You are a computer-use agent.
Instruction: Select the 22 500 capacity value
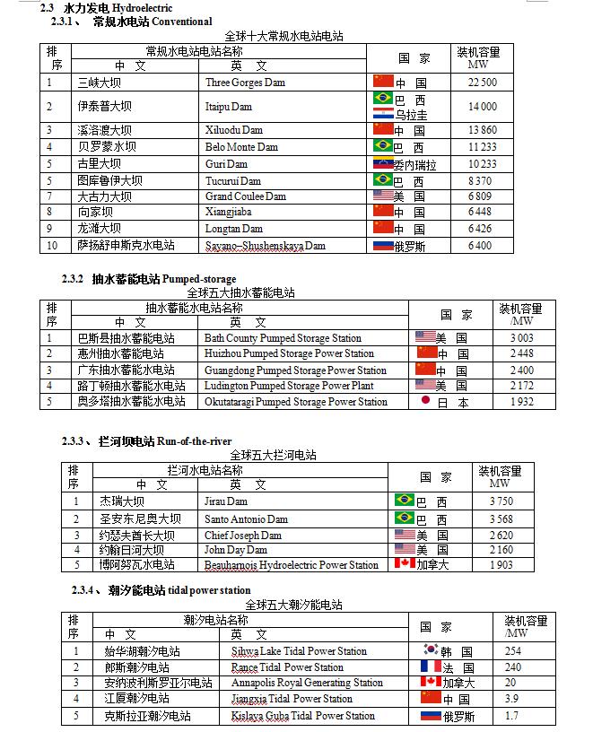[x=481, y=83]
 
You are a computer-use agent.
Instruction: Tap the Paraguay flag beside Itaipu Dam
[x=383, y=115]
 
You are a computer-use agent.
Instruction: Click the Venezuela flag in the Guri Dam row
[x=383, y=164]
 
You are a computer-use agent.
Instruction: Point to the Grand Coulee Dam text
[x=245, y=196]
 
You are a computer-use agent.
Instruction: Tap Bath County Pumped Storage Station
[x=283, y=338]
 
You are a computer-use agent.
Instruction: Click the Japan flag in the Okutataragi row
[x=425, y=402]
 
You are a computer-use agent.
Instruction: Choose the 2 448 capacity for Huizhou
[x=521, y=353]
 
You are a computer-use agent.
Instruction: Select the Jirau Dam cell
[x=226, y=501]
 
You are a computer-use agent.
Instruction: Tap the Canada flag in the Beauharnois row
[x=404, y=564]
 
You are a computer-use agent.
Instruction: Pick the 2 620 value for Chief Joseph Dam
[x=501, y=535]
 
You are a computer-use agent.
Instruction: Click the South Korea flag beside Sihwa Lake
[x=432, y=651]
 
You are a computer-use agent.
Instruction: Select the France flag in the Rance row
[x=432, y=667]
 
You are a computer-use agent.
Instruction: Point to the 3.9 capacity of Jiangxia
[x=510, y=699]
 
